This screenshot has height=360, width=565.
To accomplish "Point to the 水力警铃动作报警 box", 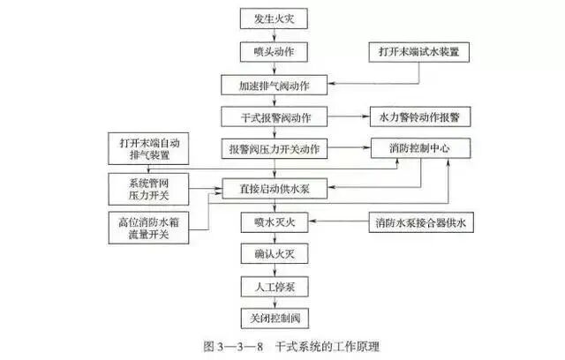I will tap(420, 116).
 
